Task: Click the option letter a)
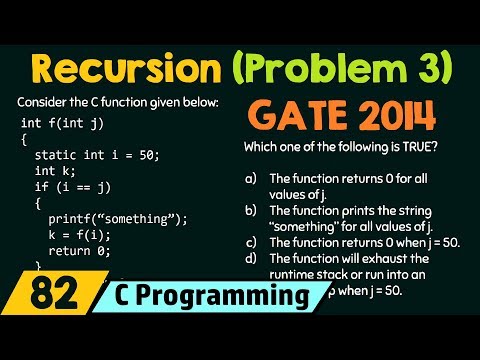(250, 178)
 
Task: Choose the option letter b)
(250, 211)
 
